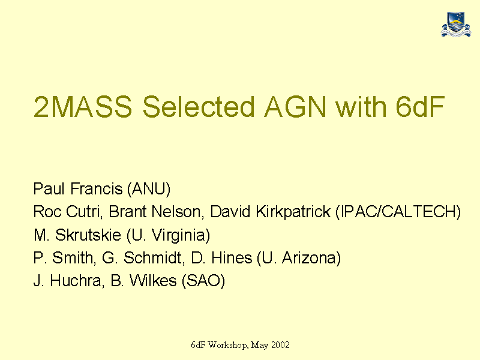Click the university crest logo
pyautogui.click(x=456, y=25)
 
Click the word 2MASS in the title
pyautogui.click(x=83, y=107)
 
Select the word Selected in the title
pyautogui.click(x=199, y=107)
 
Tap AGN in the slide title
pyautogui.click(x=295, y=107)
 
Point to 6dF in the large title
pyautogui.click(x=420, y=107)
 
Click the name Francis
pyautogui.click(x=97, y=188)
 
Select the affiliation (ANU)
pyautogui.click(x=149, y=189)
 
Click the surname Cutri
pyautogui.click(x=83, y=212)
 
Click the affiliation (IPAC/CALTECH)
pyautogui.click(x=398, y=212)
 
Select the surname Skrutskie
pyautogui.click(x=88, y=235)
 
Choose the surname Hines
pyautogui.click(x=232, y=258)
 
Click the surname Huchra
pyautogui.click(x=76, y=281)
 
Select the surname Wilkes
pyautogui.click(x=153, y=280)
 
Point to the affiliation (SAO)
pyautogui.click(x=203, y=281)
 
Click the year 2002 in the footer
pyautogui.click(x=280, y=345)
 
